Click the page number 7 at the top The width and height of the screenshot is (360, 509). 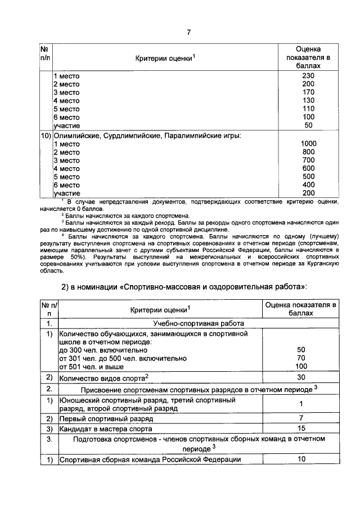point(188,31)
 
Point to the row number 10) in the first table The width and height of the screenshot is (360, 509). point(45,136)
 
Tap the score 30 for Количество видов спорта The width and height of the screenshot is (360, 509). point(301,377)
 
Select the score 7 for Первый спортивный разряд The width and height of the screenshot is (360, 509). point(301,419)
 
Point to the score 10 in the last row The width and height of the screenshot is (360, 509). point(301,460)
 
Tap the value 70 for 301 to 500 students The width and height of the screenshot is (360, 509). point(301,357)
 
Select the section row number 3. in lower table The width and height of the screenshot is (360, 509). point(49,439)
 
